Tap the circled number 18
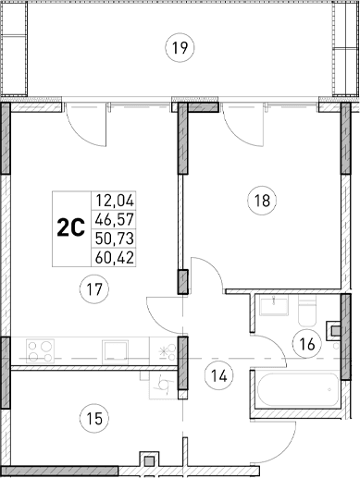point(262,198)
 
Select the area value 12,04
point(112,198)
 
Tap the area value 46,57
point(112,219)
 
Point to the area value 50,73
point(112,239)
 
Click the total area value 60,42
point(112,260)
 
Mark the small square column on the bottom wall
point(146,460)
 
